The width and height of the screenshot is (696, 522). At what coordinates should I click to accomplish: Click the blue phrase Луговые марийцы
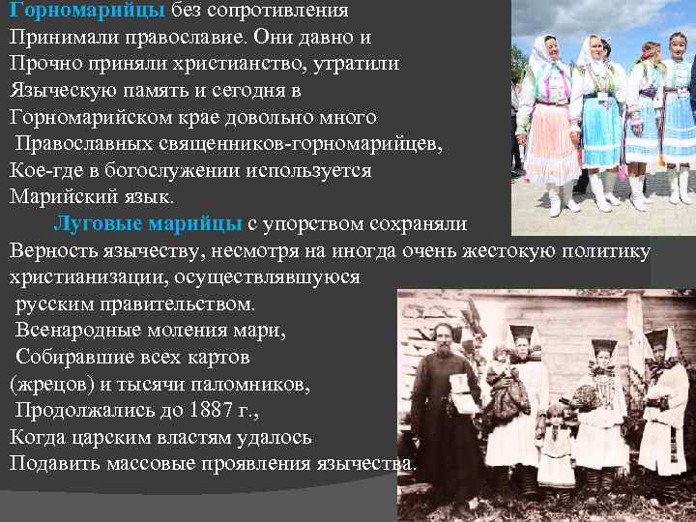[147, 224]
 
